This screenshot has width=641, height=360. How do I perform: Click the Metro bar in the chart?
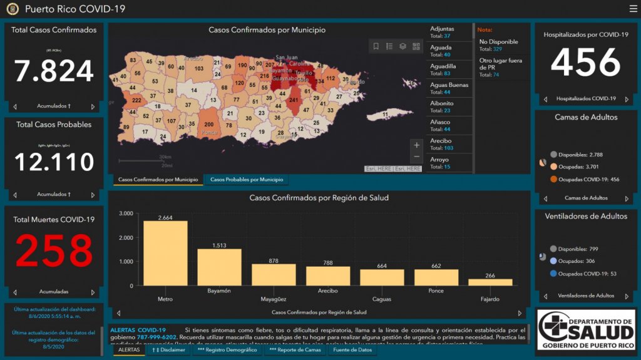pos(165,253)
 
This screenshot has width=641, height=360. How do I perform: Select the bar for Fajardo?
pos(490,282)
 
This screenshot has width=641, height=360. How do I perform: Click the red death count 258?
pos(54,251)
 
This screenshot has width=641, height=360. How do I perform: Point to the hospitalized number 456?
pos(585,63)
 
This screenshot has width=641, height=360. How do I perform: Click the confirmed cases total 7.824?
pos(54,71)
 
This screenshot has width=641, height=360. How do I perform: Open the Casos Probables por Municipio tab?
pos(247,180)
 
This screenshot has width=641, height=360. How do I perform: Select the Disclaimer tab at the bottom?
pos(168,350)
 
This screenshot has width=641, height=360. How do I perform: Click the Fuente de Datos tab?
pos(352,350)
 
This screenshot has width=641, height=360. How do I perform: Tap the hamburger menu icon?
pos(633,9)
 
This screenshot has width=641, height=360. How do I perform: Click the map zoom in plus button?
pos(417,145)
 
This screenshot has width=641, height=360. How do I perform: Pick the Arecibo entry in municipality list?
pos(448,144)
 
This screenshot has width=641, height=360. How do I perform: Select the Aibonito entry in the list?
pos(448,107)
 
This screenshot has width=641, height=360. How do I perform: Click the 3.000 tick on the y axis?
pos(125,213)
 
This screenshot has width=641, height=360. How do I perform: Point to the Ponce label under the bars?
pos(436,291)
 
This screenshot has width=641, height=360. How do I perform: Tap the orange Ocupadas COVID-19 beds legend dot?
pos(553,179)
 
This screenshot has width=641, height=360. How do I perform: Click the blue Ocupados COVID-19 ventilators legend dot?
pos(553,273)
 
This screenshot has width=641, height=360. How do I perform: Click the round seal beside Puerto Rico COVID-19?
pos(13,9)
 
